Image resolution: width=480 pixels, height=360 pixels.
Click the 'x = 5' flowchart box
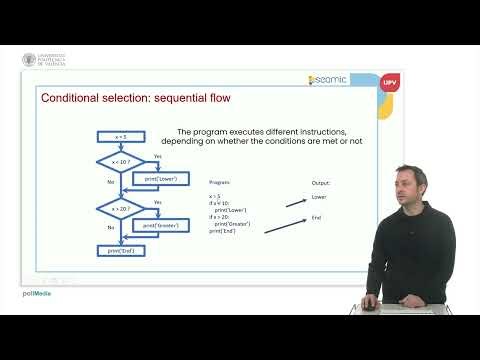(121, 136)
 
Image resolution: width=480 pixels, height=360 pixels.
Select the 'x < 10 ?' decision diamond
(119, 160)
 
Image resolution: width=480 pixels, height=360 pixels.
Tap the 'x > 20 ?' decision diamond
(119, 207)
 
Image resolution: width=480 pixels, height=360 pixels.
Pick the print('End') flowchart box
(121, 250)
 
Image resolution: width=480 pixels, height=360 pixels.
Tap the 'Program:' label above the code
(220, 183)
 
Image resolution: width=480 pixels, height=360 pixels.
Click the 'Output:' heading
(321, 183)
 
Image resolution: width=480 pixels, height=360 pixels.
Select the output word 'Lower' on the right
(320, 197)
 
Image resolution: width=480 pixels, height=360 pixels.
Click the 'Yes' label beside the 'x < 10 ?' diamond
(158, 155)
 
